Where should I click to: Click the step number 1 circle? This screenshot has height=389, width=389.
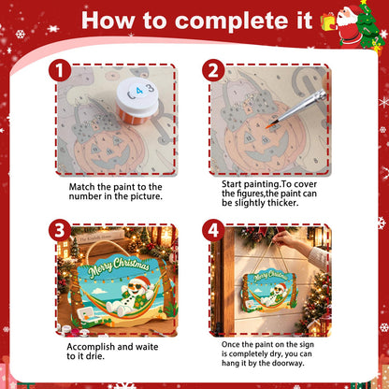click(x=60, y=71)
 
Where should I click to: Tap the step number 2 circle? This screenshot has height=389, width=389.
click(x=213, y=71)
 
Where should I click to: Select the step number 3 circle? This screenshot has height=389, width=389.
click(x=60, y=230)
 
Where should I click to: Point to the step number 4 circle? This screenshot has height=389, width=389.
click(x=213, y=230)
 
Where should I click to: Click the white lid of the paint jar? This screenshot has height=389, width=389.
click(x=137, y=93)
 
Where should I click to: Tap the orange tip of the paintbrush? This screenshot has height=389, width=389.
click(x=269, y=126)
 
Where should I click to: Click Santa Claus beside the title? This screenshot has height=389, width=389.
click(x=348, y=25)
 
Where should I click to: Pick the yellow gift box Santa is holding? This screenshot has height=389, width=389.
click(x=328, y=22)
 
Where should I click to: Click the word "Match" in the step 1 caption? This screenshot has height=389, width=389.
click(x=82, y=187)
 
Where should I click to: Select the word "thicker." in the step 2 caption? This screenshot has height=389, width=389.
click(x=283, y=203)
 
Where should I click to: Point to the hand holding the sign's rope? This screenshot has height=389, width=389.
click(x=284, y=238)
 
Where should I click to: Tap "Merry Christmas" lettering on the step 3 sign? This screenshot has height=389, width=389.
click(x=119, y=267)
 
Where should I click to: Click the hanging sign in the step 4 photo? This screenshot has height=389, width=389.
click(x=268, y=291)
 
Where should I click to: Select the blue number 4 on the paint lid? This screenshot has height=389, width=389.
click(x=139, y=91)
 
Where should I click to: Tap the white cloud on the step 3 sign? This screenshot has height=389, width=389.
click(x=99, y=291)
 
